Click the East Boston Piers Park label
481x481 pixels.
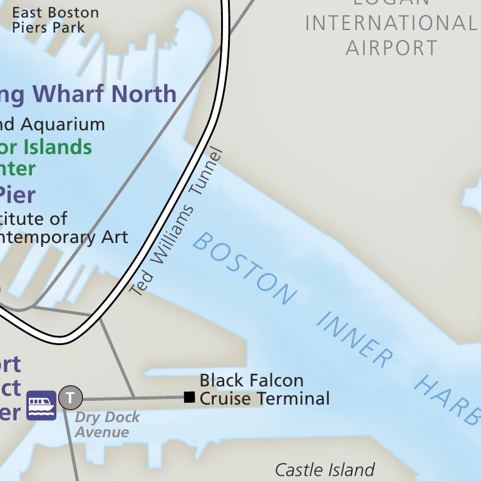[x=55, y=20]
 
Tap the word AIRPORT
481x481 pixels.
[x=391, y=48]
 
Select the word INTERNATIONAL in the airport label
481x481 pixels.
[x=390, y=23]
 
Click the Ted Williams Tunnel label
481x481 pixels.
[x=177, y=221]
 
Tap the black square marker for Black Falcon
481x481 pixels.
[x=189, y=397]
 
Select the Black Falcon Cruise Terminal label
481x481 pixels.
[x=263, y=390]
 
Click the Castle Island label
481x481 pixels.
[x=325, y=470]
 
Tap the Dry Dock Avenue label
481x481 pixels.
[x=107, y=425]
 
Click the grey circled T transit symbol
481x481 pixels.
[x=70, y=397]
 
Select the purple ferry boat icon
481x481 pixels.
[x=41, y=405]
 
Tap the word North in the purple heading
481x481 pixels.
[x=150, y=94]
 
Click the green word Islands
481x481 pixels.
[x=58, y=148]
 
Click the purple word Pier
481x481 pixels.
[x=17, y=194]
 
